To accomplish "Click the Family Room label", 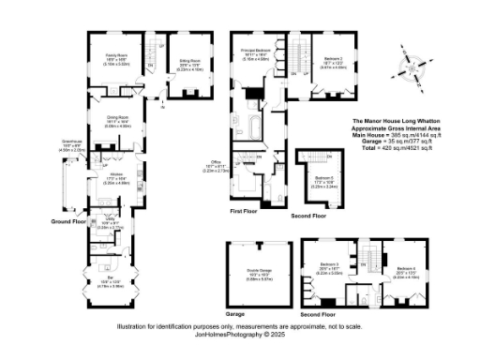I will (x=116, y=57).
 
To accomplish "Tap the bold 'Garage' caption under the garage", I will (x=235, y=314).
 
